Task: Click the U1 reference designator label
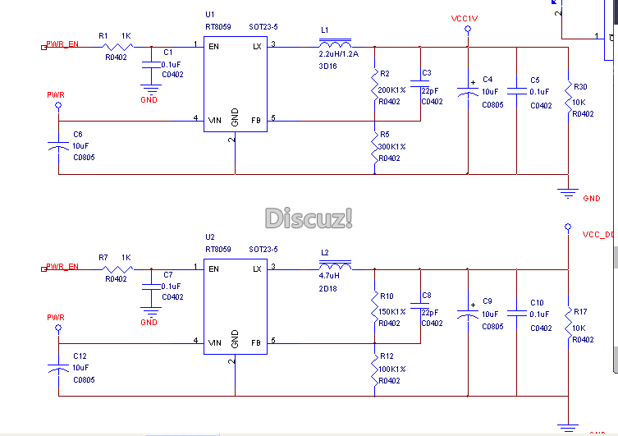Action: pyautogui.click(x=210, y=15)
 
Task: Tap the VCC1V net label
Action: pyautogui.click(x=465, y=18)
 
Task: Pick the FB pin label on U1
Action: pyautogui.click(x=256, y=120)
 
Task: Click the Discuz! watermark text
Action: pyautogui.click(x=309, y=218)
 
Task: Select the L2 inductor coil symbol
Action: pyautogui.click(x=335, y=265)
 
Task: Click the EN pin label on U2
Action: pyautogui.click(x=213, y=268)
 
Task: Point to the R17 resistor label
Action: pyautogui.click(x=580, y=312)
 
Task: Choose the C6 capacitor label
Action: pyautogui.click(x=78, y=134)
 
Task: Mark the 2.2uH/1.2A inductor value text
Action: pyautogui.click(x=338, y=54)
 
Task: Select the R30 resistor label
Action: pyautogui.click(x=580, y=87)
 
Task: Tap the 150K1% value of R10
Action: pyautogui.click(x=391, y=311)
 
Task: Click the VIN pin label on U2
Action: pyautogui.click(x=215, y=342)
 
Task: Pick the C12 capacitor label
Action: pyautogui.click(x=80, y=356)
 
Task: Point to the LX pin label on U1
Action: pyautogui.click(x=256, y=46)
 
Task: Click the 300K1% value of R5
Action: pyautogui.click(x=391, y=146)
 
